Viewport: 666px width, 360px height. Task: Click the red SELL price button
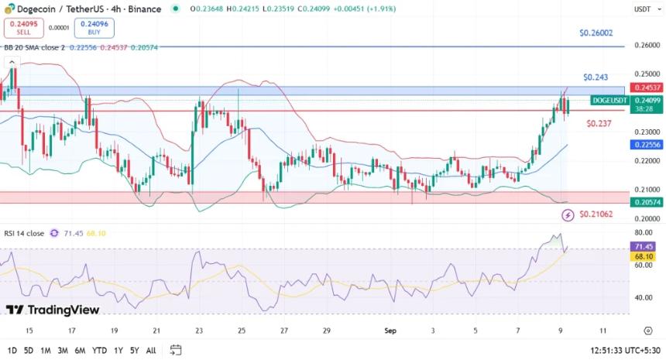coord(23,28)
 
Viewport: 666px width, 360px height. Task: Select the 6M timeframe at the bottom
coord(80,350)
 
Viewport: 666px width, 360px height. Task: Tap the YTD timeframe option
coord(99,350)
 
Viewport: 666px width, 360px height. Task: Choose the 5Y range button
coord(136,350)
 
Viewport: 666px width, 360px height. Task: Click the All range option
coord(151,350)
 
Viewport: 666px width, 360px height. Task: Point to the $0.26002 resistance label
coord(596,33)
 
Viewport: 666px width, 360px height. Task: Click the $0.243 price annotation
coord(596,77)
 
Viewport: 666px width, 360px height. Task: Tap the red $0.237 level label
coord(599,123)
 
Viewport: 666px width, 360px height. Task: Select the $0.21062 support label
coord(596,214)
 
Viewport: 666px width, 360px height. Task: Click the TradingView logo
coord(53,310)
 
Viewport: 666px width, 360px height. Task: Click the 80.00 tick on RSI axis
coord(643,232)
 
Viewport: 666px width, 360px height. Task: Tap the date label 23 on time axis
coord(199,330)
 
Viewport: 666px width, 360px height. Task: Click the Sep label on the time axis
coord(391,330)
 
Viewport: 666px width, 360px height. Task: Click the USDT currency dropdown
coord(643,9)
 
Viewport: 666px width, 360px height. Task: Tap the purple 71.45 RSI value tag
coord(644,246)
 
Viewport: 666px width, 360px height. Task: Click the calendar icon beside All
coord(176,350)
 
